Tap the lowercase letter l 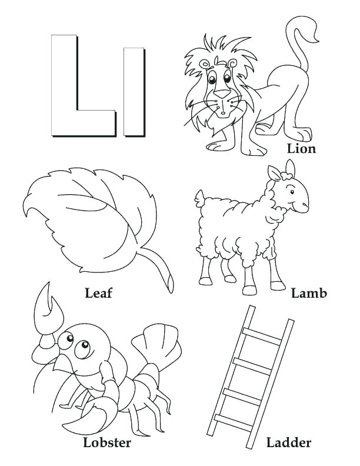click(x=134, y=91)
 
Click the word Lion click(x=301, y=148)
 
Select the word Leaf click(x=98, y=292)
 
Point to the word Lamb click(x=309, y=292)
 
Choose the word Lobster click(x=106, y=442)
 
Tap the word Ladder click(x=288, y=442)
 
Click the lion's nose click(x=221, y=93)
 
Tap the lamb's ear click(x=275, y=173)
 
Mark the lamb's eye click(x=292, y=189)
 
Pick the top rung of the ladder click(x=262, y=336)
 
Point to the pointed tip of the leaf click(x=26, y=206)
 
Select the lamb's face click(x=294, y=194)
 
